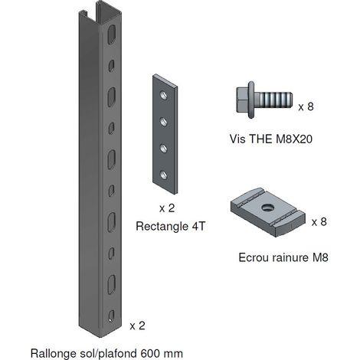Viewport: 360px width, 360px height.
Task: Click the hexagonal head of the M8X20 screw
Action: click(x=242, y=100)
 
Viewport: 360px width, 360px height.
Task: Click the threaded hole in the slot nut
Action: click(x=267, y=207)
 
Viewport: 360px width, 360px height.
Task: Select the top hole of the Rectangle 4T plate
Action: click(x=164, y=96)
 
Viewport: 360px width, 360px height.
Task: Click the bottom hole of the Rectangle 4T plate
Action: click(x=163, y=175)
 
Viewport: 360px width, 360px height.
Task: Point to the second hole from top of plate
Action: click(x=164, y=122)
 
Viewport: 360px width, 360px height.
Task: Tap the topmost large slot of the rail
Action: click(x=111, y=34)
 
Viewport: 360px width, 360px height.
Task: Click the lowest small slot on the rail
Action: click(x=111, y=316)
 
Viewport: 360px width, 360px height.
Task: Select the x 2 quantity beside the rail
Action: click(x=137, y=326)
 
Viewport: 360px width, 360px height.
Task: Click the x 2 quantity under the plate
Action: click(x=167, y=208)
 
